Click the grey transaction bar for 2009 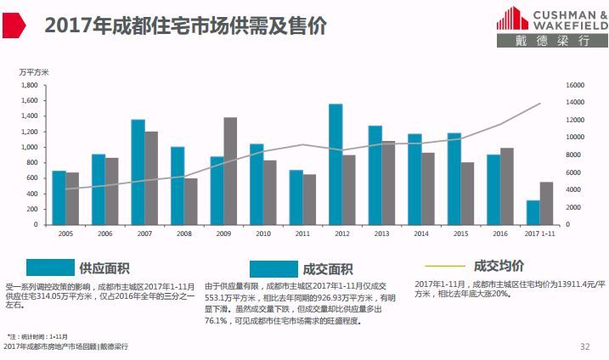[230, 171]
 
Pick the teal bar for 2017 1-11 [533, 212]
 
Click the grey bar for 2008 [191, 201]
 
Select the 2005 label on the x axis [65, 233]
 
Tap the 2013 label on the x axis [381, 233]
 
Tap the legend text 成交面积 [327, 269]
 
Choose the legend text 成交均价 [499, 266]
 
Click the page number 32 [584, 346]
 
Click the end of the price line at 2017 [540, 104]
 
